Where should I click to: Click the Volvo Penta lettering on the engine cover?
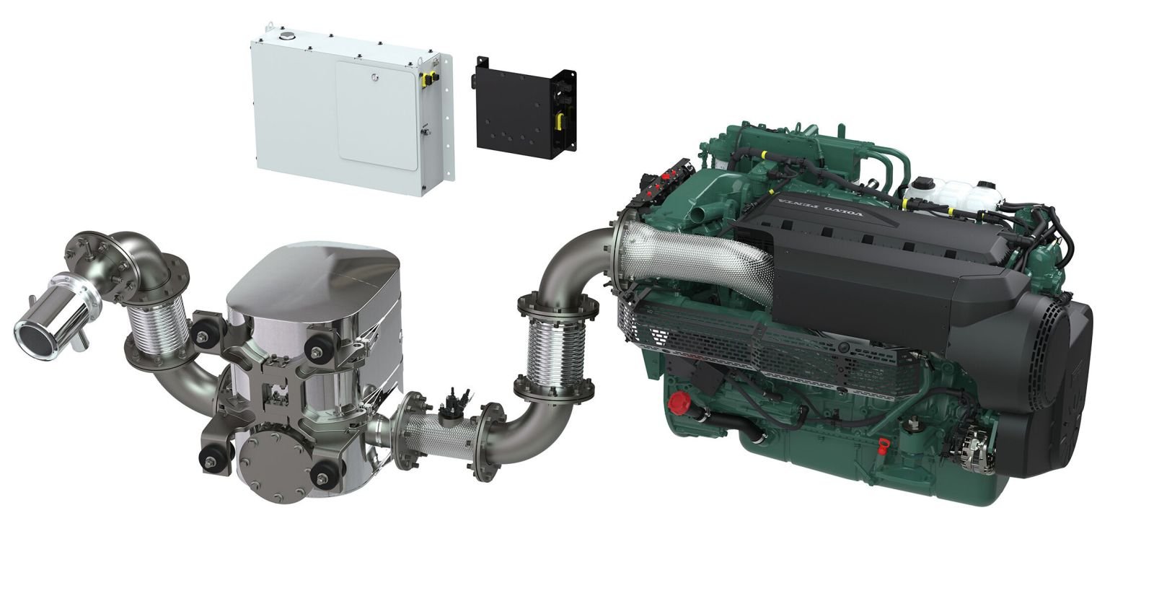tap(822, 205)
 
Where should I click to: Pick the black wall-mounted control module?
tap(524, 108)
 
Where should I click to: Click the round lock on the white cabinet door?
tap(374, 78)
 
